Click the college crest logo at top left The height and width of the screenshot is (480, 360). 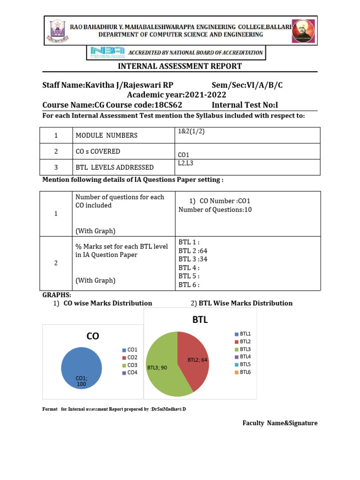57,30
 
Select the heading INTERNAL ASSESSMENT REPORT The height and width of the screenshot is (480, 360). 180,66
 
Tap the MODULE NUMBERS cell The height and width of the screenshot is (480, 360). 106,135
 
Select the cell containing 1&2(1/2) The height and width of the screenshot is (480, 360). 191,132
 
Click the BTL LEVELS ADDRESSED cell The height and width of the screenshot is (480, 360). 114,167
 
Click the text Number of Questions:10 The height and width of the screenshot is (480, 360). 215,210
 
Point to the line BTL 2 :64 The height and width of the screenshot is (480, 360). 193,251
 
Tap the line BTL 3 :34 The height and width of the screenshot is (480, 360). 193,259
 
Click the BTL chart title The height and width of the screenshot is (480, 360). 200,320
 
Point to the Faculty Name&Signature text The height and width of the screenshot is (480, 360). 279,423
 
